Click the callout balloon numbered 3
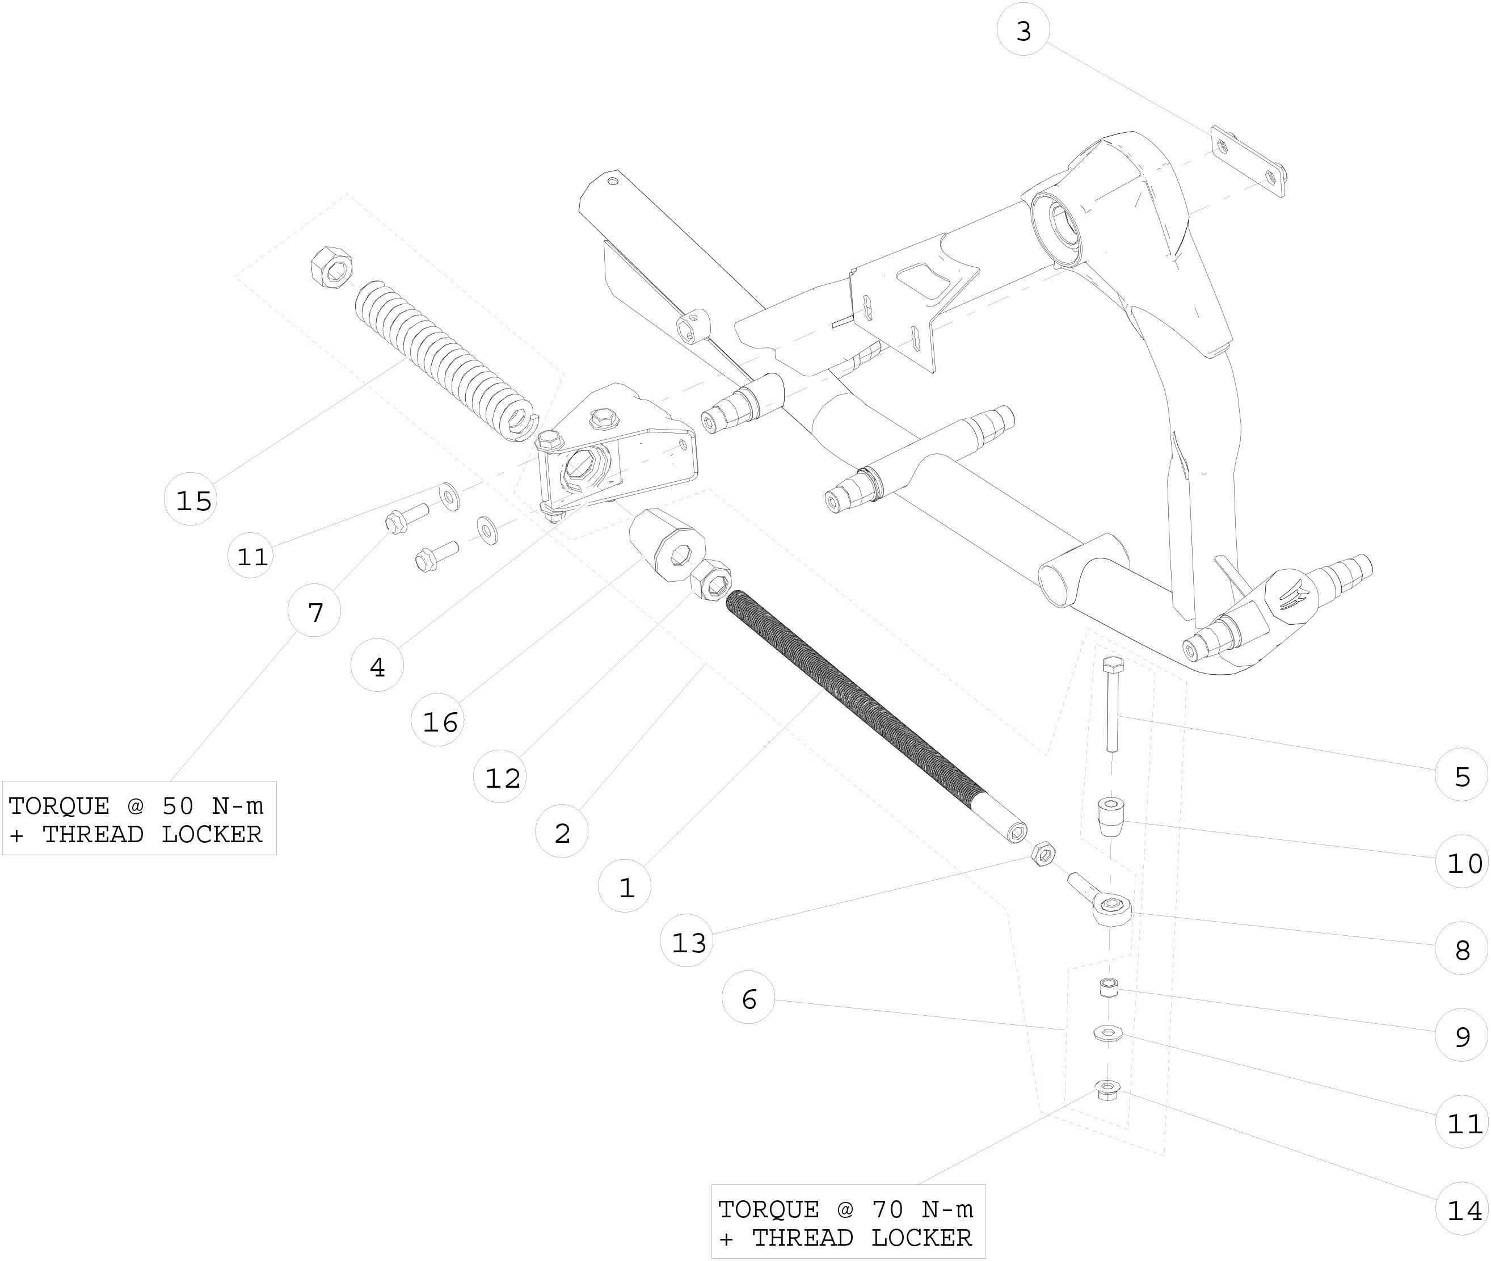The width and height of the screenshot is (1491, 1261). click(1023, 31)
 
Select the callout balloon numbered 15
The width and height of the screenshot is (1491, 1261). click(192, 501)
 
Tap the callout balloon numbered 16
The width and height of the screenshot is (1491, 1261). click(439, 721)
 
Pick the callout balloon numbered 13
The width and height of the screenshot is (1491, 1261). click(688, 942)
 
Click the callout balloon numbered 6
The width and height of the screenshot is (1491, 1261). click(748, 999)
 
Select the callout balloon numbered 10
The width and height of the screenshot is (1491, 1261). click(1463, 863)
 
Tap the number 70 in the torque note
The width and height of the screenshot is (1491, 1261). click(887, 1209)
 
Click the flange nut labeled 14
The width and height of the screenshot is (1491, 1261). click(1106, 1090)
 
